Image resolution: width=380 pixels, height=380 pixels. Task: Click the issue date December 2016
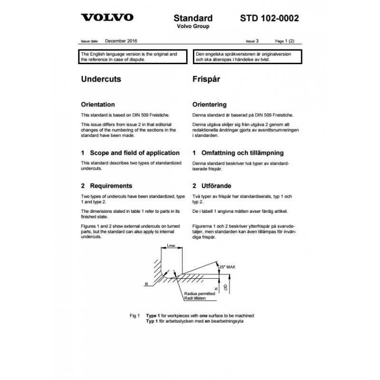tap(121, 41)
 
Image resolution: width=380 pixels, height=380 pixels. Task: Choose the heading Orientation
tap(98, 104)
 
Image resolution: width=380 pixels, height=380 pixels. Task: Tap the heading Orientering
tap(209, 104)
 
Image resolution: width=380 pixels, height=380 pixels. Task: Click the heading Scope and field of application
tap(131, 153)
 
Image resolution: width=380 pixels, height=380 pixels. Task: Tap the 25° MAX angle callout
tap(227, 267)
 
